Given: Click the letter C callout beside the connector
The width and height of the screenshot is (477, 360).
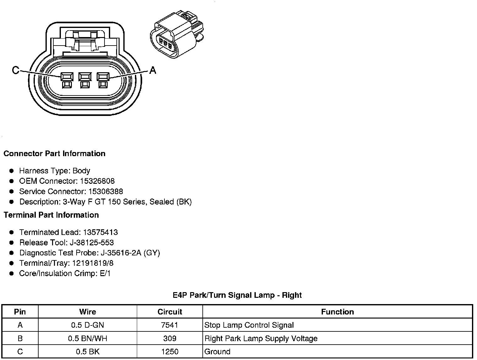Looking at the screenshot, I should coord(15,70).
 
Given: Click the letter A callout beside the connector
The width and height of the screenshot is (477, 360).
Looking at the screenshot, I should coord(153,70).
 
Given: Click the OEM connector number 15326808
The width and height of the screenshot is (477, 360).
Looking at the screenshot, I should coord(101,181).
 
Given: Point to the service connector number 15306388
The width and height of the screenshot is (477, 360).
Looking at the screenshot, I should coord(106,192).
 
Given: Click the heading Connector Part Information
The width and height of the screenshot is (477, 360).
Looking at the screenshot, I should coord(54,154).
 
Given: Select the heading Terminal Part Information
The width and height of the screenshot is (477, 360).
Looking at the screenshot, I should coord(51,215).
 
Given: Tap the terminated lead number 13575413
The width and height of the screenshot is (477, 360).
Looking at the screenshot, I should coord(100,232).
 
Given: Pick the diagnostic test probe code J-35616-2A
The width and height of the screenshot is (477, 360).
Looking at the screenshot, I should coord(121,253).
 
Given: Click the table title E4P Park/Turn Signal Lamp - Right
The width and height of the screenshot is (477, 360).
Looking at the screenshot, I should coord(237,295).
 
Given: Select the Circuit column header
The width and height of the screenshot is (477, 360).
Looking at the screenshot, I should coord(170,312).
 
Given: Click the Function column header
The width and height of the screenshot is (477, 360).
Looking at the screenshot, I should coord(337,312).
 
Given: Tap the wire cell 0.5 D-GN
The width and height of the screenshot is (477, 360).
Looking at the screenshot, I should coord(87,325).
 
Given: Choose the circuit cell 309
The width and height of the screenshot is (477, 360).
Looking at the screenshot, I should coord(170,339).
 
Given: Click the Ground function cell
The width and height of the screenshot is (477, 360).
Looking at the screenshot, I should coord(217,352).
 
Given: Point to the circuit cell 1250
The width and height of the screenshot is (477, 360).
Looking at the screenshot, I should coord(170,352).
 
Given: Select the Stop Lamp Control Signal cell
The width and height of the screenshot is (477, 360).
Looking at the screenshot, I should coord(249,325).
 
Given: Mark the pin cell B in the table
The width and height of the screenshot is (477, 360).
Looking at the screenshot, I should coord(20,339).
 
